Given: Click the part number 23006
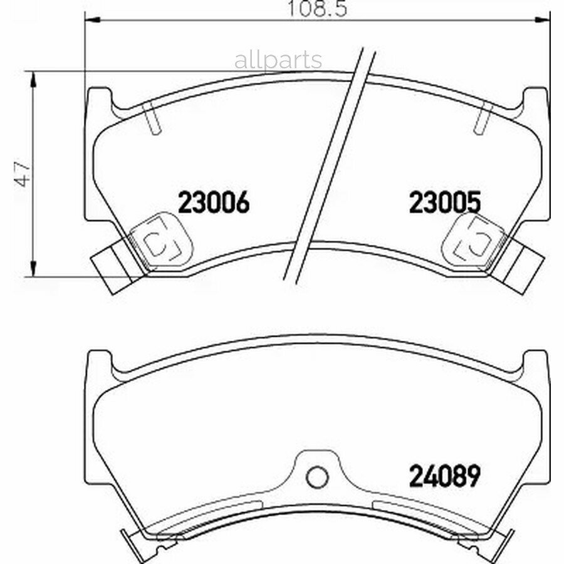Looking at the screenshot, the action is (x=214, y=202).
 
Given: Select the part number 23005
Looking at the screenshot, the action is (x=445, y=202).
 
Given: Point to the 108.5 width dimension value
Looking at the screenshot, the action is (x=318, y=9).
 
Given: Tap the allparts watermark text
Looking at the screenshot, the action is (x=278, y=60).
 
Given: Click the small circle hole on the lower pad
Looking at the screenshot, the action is (x=317, y=477).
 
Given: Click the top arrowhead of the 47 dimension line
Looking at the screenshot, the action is (x=33, y=79).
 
